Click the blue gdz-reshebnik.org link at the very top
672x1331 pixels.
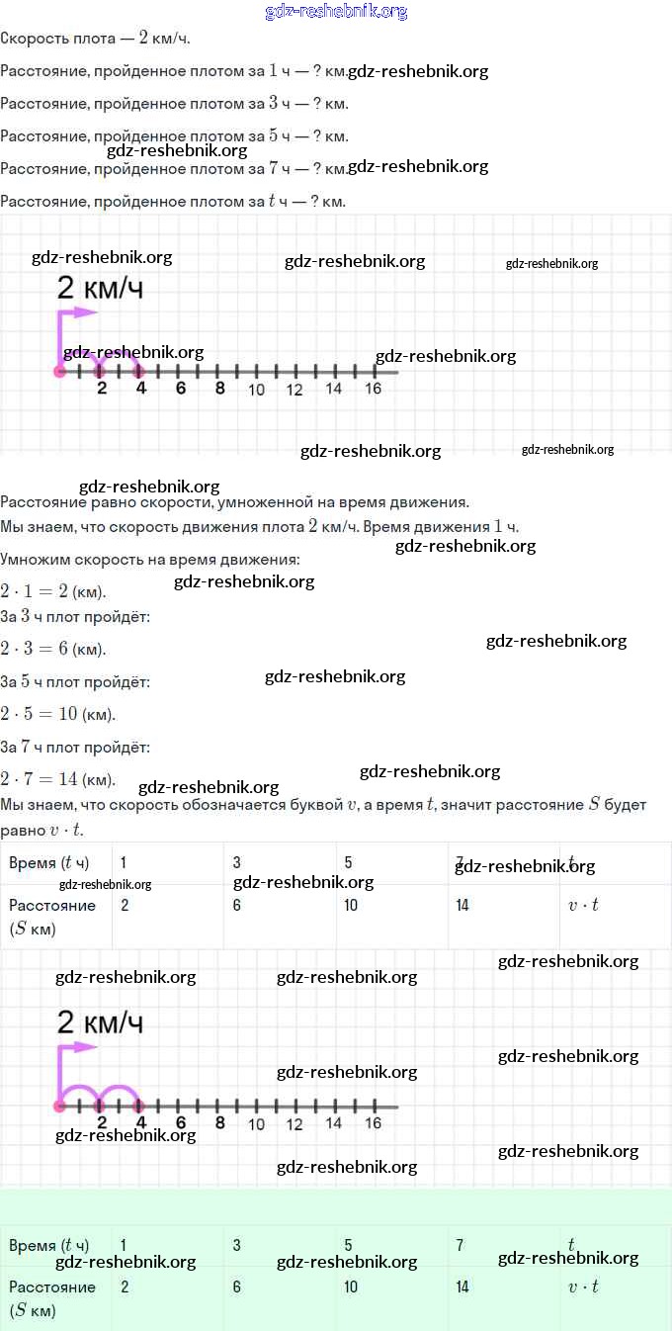pos(336,12)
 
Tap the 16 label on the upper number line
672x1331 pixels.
pos(373,389)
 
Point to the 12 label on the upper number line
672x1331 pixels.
pos(294,390)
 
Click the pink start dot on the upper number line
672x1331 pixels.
pos(59,372)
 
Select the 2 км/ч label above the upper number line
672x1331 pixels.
pos(100,288)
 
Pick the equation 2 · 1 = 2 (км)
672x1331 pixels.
pos(53,591)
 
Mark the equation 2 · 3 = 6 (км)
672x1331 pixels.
pos(53,649)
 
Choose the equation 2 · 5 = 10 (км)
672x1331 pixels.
pos(57,714)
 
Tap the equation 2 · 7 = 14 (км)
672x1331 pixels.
pos(57,778)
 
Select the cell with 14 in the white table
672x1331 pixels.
pos(462,906)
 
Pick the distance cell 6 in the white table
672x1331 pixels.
pos(237,906)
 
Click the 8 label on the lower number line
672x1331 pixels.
pos(219,1122)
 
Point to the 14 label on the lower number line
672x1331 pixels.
pos(333,1123)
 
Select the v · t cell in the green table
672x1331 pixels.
pos(583,1287)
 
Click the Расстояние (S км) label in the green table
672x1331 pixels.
pos(51,1298)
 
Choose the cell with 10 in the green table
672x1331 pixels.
pos(351,1287)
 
